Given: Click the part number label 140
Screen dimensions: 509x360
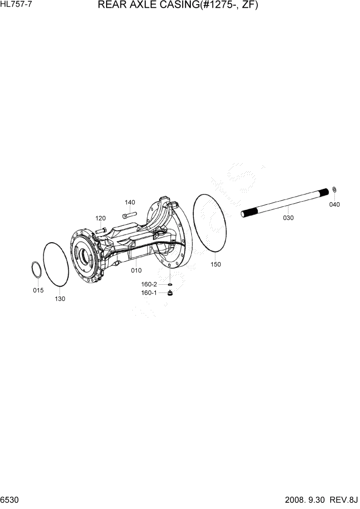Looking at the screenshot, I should click(x=130, y=202).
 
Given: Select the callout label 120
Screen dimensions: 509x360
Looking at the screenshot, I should click(x=101, y=218).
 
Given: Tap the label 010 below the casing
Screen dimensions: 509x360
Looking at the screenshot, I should click(x=136, y=270).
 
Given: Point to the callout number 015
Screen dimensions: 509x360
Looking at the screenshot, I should click(x=38, y=290).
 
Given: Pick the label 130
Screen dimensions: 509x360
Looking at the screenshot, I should click(x=60, y=299).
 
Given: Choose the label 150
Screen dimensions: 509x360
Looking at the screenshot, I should click(x=216, y=264).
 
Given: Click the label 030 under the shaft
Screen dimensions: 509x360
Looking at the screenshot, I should click(x=288, y=218).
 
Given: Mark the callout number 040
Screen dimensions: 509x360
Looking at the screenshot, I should click(x=334, y=204).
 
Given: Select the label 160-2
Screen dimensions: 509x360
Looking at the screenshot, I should click(x=150, y=284).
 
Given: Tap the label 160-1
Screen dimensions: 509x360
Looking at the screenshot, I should click(x=149, y=293).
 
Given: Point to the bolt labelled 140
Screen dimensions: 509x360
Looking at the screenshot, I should click(x=129, y=212).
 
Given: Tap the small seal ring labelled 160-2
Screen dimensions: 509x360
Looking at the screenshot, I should click(x=169, y=284).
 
